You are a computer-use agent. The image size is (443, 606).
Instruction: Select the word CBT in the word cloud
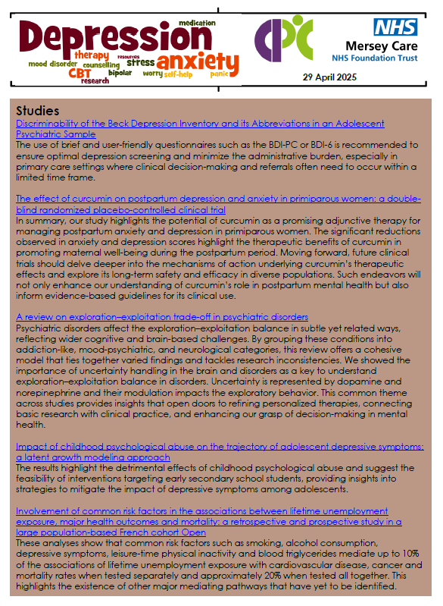pos(80,73)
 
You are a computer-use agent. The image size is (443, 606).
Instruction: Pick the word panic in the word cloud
pos(220,74)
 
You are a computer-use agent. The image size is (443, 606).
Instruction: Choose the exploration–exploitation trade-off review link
pos(161,316)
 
